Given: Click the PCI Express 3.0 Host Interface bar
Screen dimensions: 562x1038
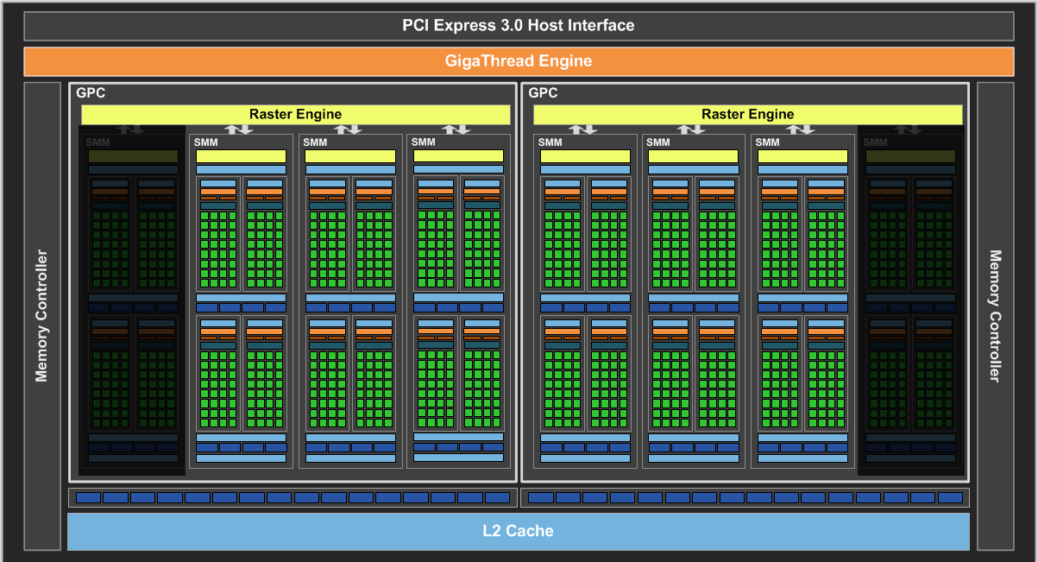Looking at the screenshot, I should point(518,26).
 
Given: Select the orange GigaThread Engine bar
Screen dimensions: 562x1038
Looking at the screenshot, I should point(518,61).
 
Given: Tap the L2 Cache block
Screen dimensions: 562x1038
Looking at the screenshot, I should point(518,531).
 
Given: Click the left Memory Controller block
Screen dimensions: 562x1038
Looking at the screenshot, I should point(41,316).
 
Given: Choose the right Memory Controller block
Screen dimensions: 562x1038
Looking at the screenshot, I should point(995,316).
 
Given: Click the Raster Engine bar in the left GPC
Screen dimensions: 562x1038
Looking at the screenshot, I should point(295,114).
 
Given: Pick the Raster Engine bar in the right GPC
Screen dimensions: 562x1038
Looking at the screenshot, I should point(747,114).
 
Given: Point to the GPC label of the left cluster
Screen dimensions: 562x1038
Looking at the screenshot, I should point(91,93).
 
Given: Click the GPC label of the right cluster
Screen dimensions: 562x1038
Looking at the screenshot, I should point(543,93).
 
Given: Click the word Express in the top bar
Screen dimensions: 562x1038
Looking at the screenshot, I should point(466,26).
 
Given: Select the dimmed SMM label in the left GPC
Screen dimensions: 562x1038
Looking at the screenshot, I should point(98,142).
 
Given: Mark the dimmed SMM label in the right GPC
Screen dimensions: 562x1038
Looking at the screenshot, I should point(875,142).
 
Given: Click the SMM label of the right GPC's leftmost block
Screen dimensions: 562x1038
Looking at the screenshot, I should point(550,142).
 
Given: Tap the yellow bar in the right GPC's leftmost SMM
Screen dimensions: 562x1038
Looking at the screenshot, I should point(585,156).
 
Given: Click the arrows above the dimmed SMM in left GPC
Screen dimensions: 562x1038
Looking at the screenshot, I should point(131,129).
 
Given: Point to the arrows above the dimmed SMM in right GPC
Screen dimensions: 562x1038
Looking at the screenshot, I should point(908,129).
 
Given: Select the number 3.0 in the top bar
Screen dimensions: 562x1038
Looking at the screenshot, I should point(510,26).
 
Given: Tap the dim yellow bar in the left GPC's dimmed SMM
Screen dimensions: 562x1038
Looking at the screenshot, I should point(133,156).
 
